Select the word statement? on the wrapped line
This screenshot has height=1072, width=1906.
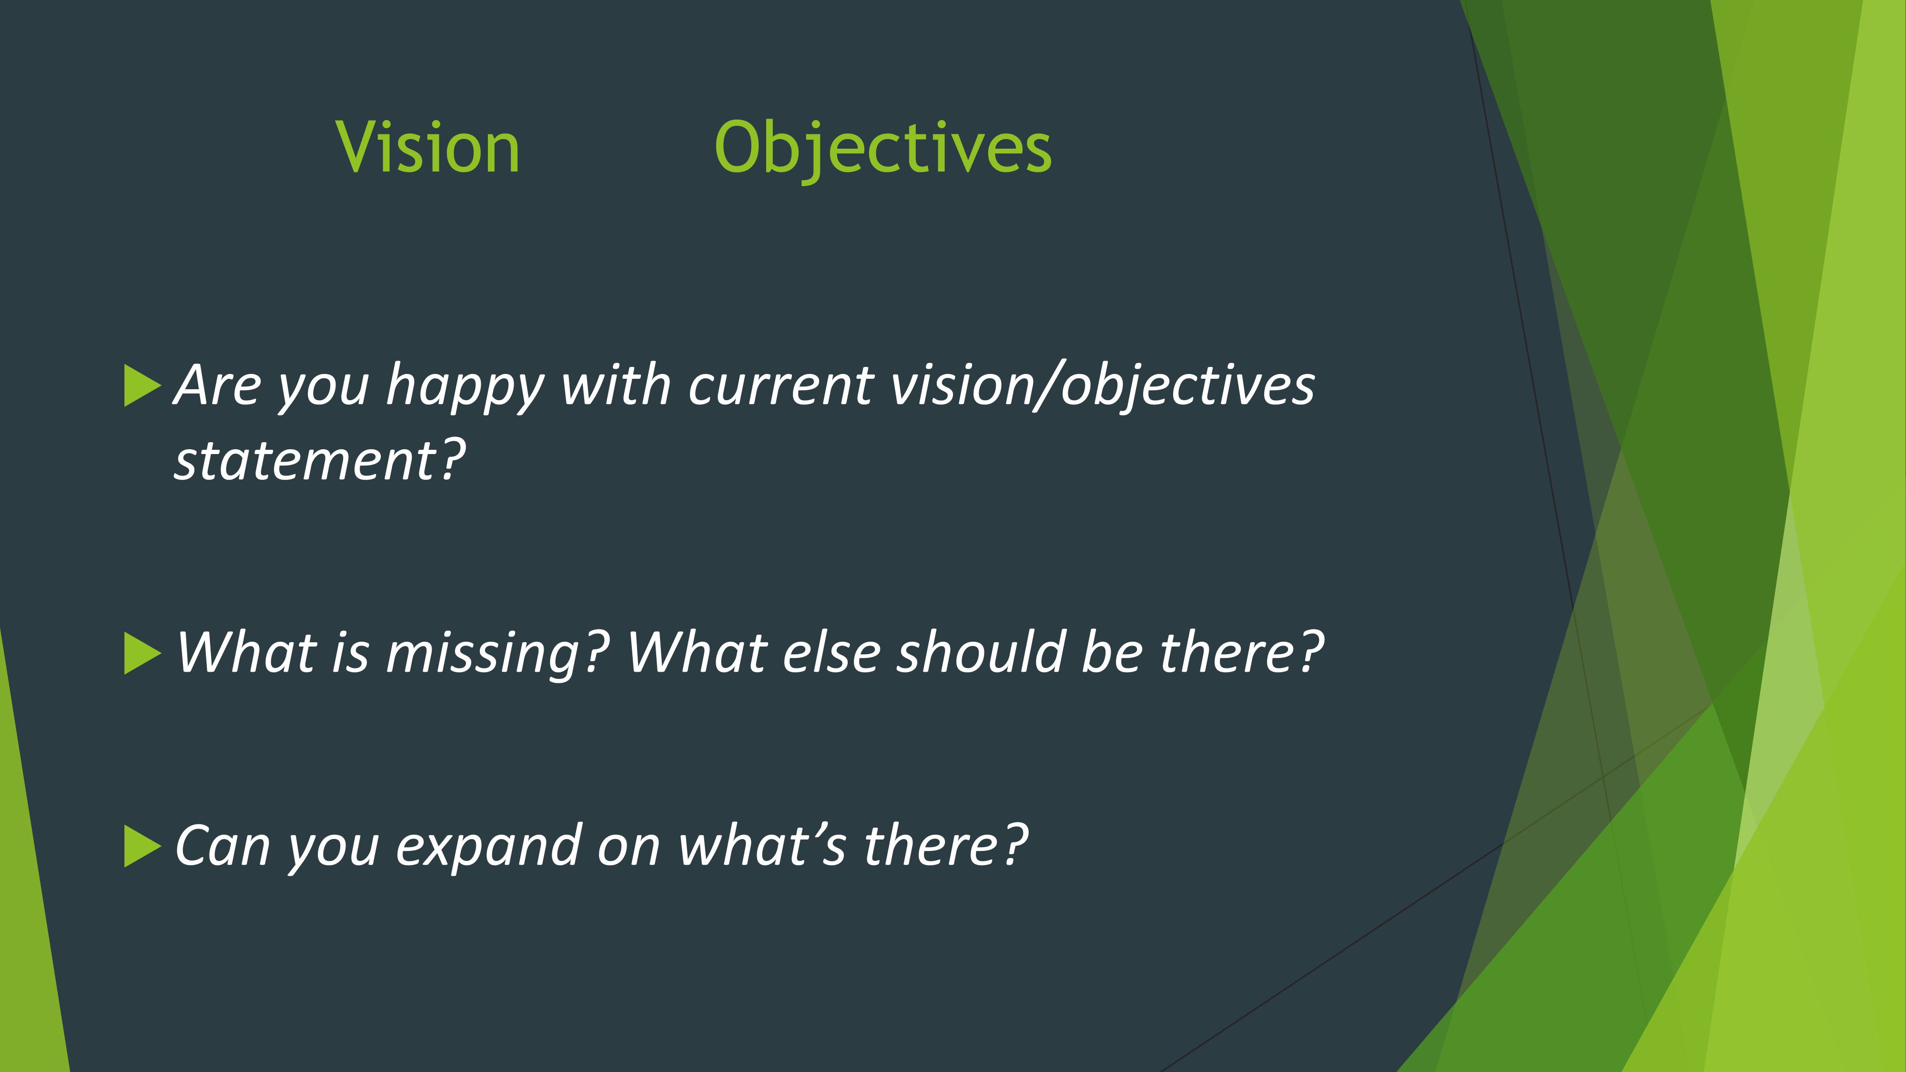point(320,460)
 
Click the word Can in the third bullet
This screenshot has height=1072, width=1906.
point(223,846)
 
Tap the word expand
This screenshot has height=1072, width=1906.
point(488,847)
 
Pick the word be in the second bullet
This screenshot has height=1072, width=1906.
point(1111,653)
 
